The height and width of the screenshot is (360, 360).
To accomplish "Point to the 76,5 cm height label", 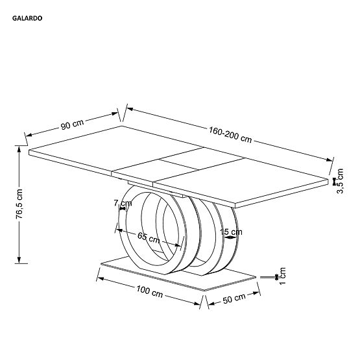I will click(x=20, y=204).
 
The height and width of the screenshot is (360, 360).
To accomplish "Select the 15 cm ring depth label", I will click(x=231, y=232).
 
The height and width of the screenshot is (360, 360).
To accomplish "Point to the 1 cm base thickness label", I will click(x=283, y=275).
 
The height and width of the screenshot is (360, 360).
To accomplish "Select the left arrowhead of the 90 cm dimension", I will click(x=28, y=137).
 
